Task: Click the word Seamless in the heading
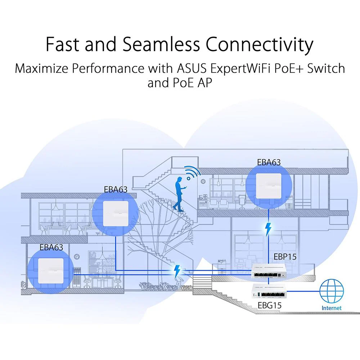click(161, 44)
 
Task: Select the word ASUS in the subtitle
click(192, 68)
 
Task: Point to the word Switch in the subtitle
click(326, 68)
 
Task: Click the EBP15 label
click(285, 257)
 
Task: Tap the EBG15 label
click(269, 305)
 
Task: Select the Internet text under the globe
click(331, 308)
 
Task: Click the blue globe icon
click(332, 291)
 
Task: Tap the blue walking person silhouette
click(179, 194)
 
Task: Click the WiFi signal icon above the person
click(192, 172)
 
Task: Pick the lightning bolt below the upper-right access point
click(268, 229)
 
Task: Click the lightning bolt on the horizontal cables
click(177, 271)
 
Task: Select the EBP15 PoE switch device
click(269, 271)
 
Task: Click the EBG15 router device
click(269, 291)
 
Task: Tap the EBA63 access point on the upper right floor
click(269, 186)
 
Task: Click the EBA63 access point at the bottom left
click(51, 271)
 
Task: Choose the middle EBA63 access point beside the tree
click(116, 213)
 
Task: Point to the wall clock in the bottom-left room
click(77, 256)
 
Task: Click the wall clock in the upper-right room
click(203, 181)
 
